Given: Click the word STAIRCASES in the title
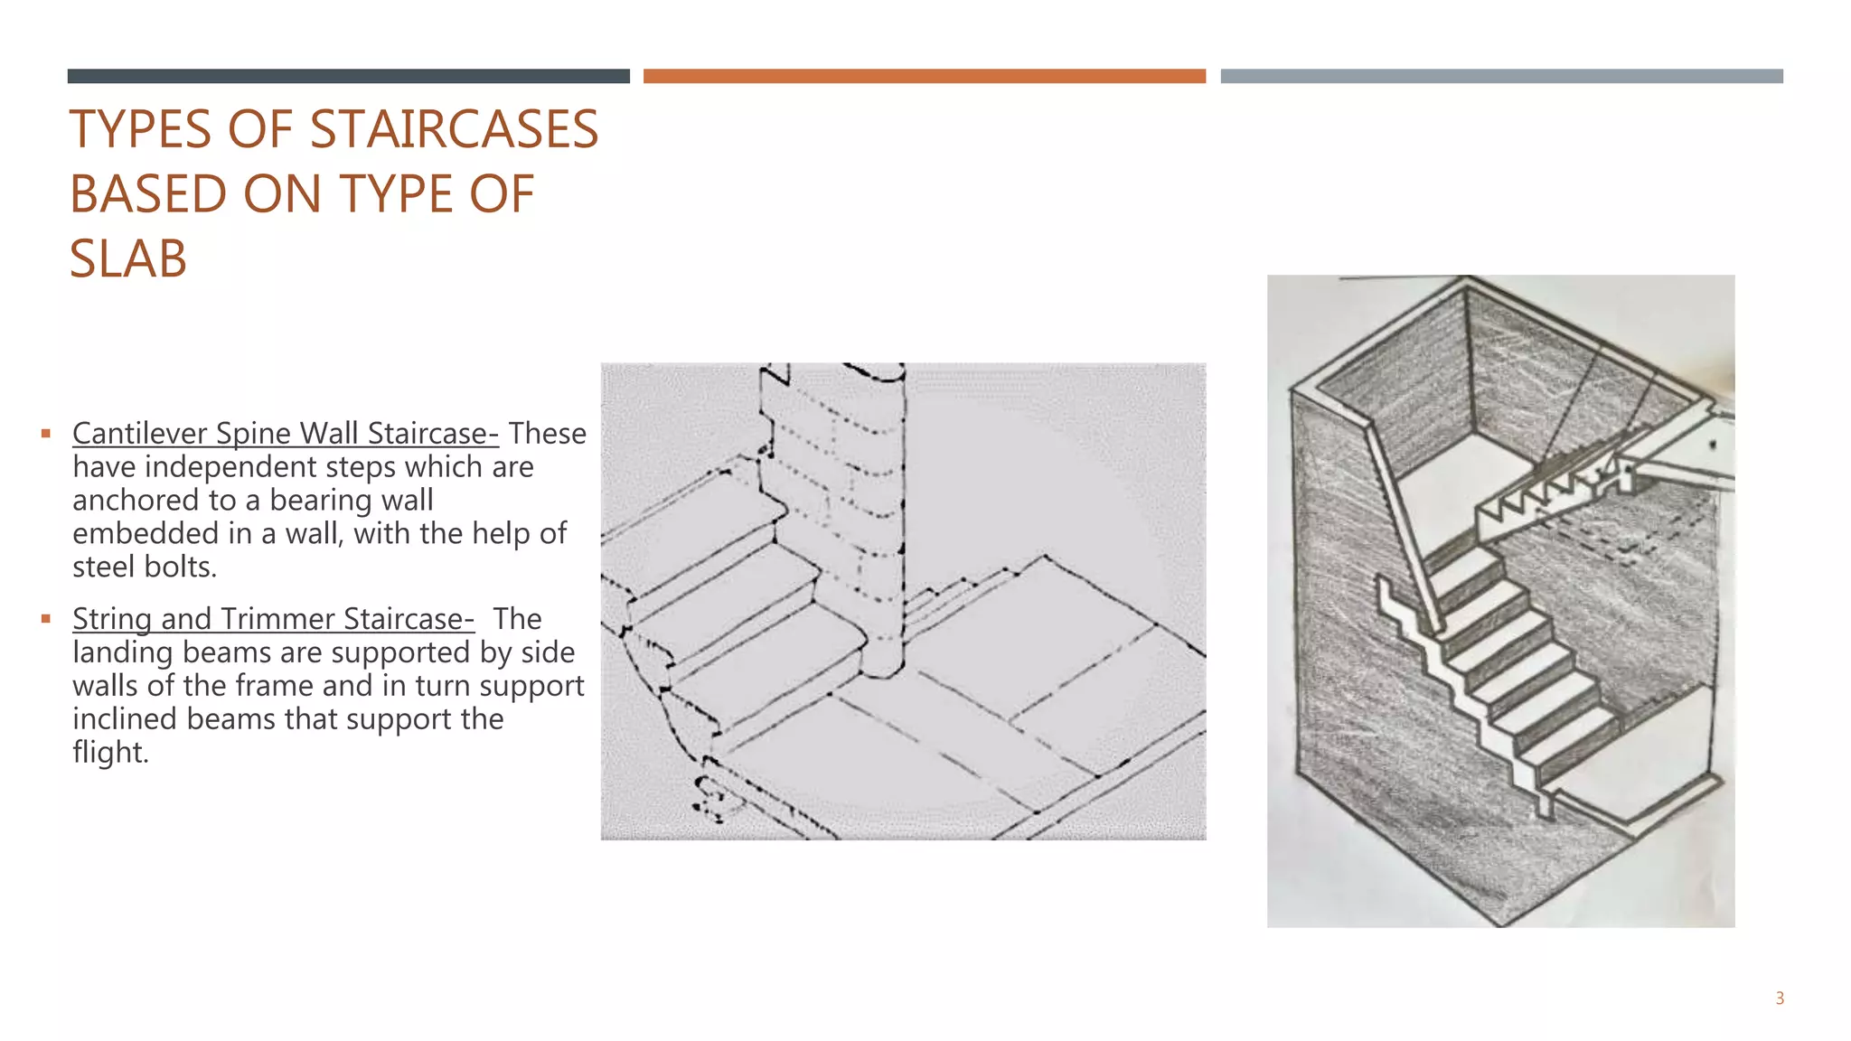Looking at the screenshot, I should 454,129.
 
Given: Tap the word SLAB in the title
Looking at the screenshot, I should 128,259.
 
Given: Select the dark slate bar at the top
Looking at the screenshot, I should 348,76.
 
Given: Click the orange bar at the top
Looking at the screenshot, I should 924,76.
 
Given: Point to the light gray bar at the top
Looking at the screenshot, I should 1501,76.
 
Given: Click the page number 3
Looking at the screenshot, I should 1779,999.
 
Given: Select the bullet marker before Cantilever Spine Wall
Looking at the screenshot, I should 46,434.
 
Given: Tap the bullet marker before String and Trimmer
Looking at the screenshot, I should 46,619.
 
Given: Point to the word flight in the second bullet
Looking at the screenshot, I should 109,753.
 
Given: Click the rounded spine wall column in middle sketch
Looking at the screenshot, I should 881,524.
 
